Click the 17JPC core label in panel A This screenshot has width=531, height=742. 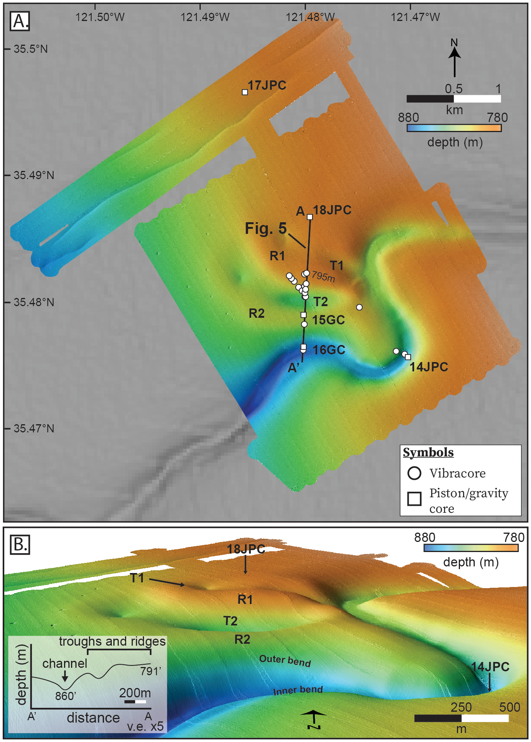[267, 85]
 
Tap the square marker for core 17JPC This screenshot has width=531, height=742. [245, 92]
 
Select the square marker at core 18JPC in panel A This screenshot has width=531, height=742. [310, 217]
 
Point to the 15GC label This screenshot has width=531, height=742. [328, 320]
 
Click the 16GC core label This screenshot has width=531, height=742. [329, 350]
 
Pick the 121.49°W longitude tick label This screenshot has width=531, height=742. [205, 17]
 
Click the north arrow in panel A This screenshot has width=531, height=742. [455, 60]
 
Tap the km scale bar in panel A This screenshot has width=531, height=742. [453, 99]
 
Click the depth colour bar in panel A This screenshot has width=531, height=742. [454, 128]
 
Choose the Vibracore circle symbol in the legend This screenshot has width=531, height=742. [414, 473]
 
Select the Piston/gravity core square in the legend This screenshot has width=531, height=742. [414, 498]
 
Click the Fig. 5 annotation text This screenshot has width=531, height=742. [265, 228]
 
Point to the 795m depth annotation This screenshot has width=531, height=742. [323, 277]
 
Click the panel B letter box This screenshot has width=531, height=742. [20, 545]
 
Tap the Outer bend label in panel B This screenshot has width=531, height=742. [285, 660]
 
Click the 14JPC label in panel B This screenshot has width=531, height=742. [490, 667]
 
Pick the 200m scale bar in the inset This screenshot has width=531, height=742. [135, 702]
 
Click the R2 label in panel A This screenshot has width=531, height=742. [257, 313]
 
